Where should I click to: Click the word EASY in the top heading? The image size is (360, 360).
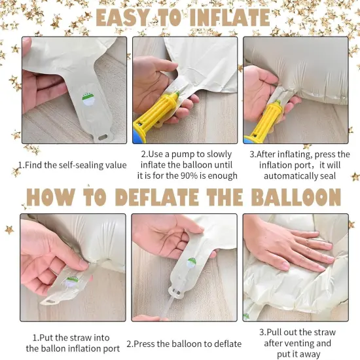click(x=128, y=17)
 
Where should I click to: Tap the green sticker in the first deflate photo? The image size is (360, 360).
click(x=72, y=280)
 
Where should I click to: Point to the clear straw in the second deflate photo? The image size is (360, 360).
click(x=171, y=308)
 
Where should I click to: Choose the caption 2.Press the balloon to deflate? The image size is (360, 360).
click(x=184, y=343)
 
